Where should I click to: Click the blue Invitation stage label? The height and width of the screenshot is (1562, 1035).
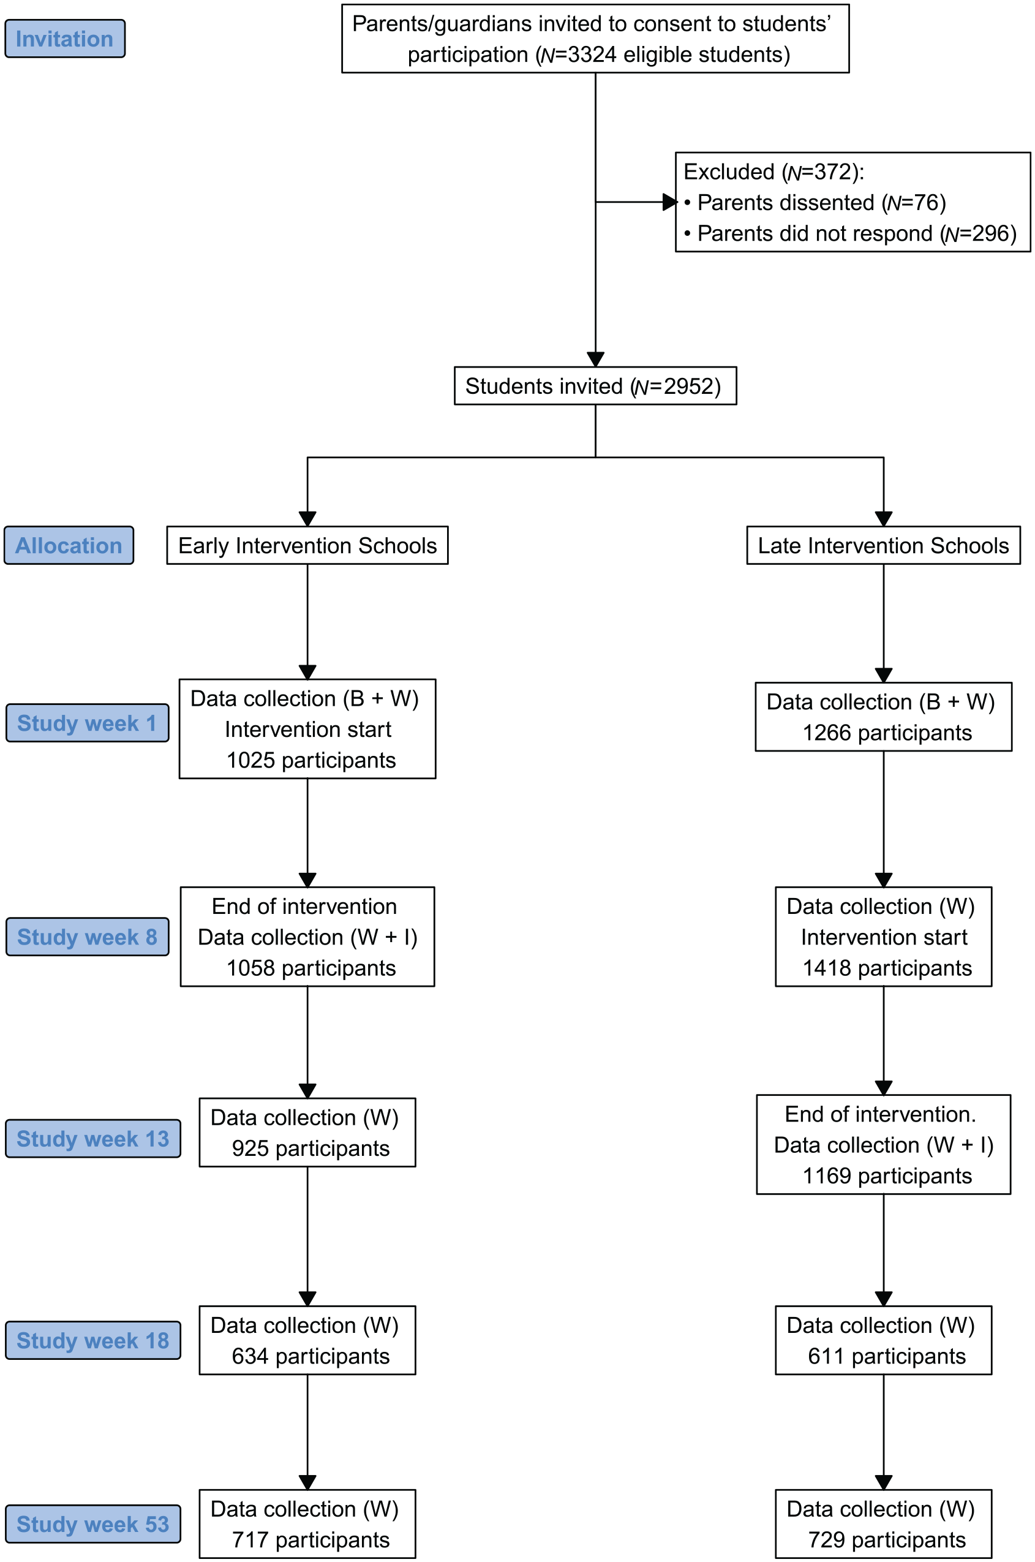65,39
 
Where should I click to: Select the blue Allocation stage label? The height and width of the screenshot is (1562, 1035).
69,545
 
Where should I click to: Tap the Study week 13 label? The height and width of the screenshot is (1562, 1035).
93,1139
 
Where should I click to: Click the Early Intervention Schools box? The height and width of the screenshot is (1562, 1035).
307,545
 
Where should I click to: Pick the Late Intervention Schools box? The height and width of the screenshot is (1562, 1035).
883,545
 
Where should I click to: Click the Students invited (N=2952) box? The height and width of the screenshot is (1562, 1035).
595,385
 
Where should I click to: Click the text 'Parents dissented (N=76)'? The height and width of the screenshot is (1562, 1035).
822,203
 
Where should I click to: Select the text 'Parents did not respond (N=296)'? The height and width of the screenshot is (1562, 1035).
857,234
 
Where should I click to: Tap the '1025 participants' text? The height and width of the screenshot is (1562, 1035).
311,760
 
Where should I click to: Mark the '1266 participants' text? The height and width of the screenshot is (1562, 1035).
887,733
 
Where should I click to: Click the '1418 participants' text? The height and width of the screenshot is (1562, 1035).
887,968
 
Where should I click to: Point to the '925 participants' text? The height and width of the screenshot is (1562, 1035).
310,1148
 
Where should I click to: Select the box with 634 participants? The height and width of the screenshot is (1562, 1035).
307,1340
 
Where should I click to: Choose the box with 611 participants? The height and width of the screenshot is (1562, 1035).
883,1340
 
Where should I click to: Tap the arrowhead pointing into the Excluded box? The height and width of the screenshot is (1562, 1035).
670,202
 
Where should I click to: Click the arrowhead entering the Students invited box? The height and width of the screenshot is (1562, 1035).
595,359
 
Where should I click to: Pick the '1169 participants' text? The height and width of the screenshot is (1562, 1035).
887,1176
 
